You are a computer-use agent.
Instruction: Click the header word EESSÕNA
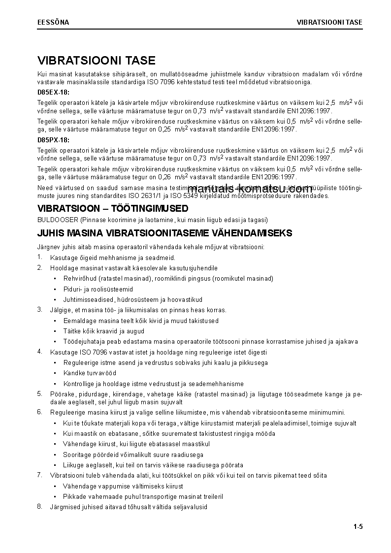[53, 23]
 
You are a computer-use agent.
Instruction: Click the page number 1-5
[358, 527]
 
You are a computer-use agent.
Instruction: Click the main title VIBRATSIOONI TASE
[97, 61]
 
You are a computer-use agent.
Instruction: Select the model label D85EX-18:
[54, 92]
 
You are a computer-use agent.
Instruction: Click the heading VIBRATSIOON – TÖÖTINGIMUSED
[113, 209]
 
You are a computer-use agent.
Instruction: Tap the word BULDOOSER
[58, 220]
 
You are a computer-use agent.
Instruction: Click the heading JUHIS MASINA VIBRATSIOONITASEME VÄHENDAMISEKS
[164, 233]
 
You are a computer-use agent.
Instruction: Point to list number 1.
[39, 257]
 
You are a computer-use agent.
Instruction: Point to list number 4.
[39, 352]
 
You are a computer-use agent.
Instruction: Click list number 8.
[39, 507]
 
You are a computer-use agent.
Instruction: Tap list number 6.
[39, 412]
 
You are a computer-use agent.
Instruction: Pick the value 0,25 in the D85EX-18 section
[164, 129]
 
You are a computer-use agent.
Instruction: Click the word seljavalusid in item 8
[191, 507]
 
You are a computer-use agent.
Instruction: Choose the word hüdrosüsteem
[140, 299]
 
